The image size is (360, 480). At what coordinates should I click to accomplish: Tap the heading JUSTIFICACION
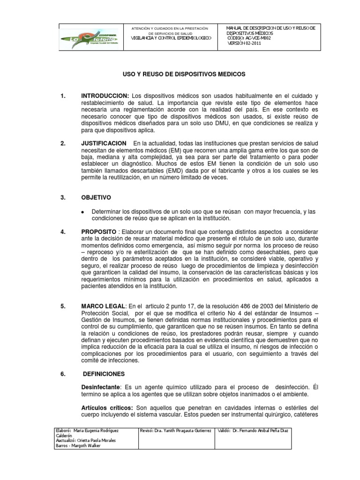105,143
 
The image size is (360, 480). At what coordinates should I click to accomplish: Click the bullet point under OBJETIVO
83,212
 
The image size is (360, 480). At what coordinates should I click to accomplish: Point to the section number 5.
63,307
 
